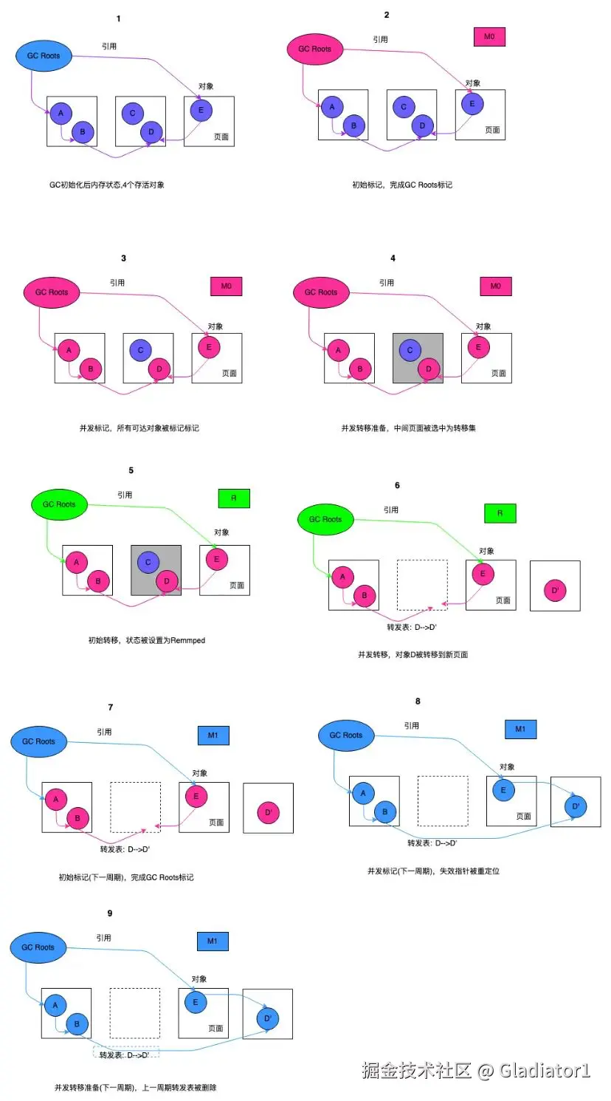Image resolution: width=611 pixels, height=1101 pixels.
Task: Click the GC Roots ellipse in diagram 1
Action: pyautogui.click(x=44, y=55)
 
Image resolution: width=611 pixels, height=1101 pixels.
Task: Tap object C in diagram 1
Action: pyautogui.click(x=133, y=113)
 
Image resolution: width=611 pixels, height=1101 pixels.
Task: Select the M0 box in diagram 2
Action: pyautogui.click(x=489, y=37)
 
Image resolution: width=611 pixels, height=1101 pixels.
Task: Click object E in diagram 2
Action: pyautogui.click(x=472, y=103)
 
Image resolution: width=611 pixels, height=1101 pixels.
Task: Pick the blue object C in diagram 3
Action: pyautogui.click(x=140, y=350)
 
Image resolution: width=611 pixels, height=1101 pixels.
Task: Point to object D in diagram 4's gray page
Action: pyautogui.click(x=429, y=368)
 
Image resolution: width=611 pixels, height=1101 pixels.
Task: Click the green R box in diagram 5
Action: pyautogui.click(x=234, y=498)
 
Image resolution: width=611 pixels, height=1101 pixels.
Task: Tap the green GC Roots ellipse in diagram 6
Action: pyautogui.click(x=325, y=519)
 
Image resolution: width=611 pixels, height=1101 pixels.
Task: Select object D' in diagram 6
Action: pyautogui.click(x=555, y=590)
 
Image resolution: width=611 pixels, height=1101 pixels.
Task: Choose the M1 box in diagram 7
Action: pyautogui.click(x=213, y=735)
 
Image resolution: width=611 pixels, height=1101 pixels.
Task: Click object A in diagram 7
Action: pyautogui.click(x=56, y=799)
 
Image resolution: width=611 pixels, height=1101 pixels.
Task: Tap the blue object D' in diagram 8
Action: pyautogui.click(x=576, y=806)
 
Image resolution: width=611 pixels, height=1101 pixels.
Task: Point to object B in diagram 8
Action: pyautogui.click(x=385, y=812)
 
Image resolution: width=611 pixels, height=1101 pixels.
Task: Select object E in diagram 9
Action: pyautogui.click(x=196, y=1002)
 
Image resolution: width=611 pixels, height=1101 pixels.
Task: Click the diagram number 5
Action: pyautogui.click(x=131, y=470)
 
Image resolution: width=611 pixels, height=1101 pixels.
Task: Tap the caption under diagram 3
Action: pyautogui.click(x=139, y=428)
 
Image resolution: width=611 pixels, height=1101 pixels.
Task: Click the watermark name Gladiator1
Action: pyautogui.click(x=545, y=1070)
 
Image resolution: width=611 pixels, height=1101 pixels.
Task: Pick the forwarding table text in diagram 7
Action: pyautogui.click(x=125, y=849)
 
